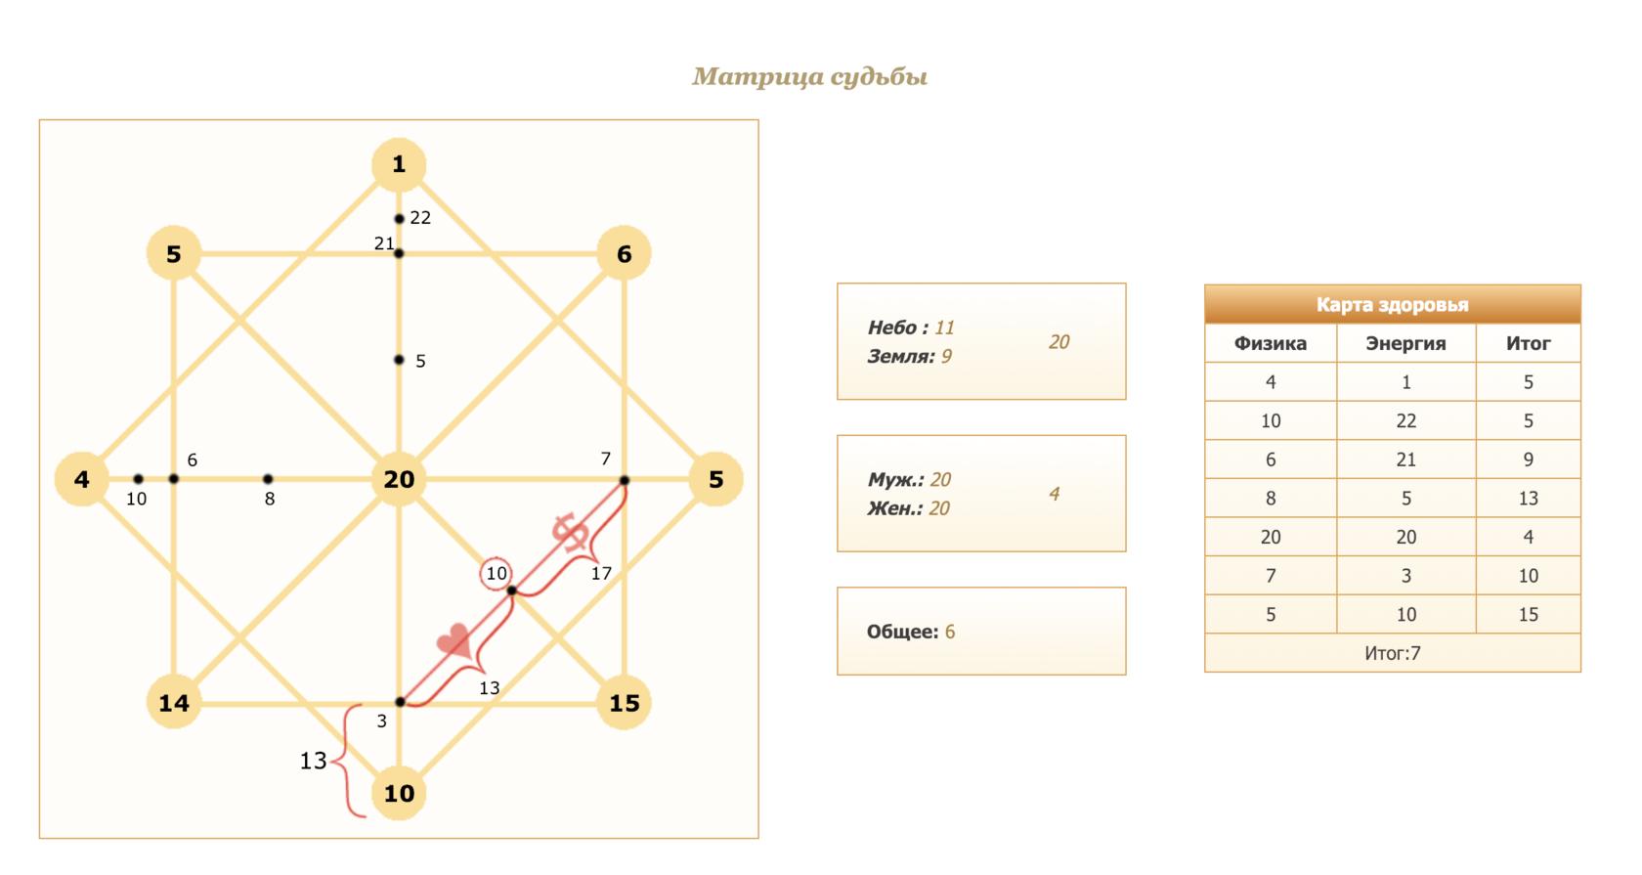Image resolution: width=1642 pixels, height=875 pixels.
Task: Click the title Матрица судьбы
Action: click(809, 77)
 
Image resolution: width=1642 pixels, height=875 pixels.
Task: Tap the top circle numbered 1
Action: click(399, 164)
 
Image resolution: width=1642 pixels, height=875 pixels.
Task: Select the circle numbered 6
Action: click(624, 254)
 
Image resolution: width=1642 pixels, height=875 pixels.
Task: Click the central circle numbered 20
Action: click(399, 479)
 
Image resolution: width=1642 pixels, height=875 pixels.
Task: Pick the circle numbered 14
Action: click(174, 703)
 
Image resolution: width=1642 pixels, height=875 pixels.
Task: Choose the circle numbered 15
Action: click(624, 703)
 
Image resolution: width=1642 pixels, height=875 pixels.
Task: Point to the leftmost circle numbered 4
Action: click(82, 479)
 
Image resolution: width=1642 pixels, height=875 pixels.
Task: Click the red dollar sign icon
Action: click(570, 532)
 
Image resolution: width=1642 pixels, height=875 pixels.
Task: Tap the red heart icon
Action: click(454, 641)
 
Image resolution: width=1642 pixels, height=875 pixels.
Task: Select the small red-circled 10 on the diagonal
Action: click(497, 573)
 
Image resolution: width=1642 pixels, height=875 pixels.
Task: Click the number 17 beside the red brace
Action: click(601, 574)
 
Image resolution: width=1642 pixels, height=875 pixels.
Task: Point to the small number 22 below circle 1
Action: click(420, 218)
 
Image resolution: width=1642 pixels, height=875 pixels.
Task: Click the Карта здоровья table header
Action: click(1392, 304)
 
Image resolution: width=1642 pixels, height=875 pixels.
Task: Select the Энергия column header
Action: click(1405, 343)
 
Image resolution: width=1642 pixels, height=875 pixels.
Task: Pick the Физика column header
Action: click(1271, 343)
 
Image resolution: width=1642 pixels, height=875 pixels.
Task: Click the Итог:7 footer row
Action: click(1392, 653)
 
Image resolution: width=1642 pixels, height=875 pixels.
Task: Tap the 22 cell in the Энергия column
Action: click(1405, 420)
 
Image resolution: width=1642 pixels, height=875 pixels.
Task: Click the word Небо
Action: click(892, 328)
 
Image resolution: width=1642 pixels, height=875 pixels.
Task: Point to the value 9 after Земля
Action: click(946, 357)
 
